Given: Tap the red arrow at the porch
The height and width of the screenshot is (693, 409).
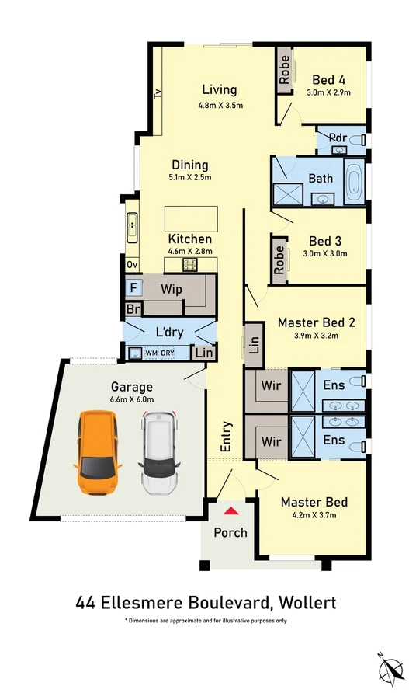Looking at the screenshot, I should point(230,511).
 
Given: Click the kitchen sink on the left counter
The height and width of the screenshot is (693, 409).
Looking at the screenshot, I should point(132,227).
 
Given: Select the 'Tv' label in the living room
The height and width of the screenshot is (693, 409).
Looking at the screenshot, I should point(158,93).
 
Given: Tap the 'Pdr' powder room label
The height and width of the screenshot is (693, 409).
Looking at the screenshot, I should point(338,138).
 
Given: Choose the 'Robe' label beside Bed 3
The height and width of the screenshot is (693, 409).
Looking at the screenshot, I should point(279,259).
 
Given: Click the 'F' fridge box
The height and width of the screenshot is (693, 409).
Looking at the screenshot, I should point(133,287).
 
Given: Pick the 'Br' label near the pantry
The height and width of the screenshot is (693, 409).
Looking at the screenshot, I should point(133,309).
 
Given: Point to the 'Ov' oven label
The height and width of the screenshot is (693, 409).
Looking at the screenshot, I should point(132,265).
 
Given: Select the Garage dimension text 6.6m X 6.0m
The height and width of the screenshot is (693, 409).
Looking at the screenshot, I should point(132,399).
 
